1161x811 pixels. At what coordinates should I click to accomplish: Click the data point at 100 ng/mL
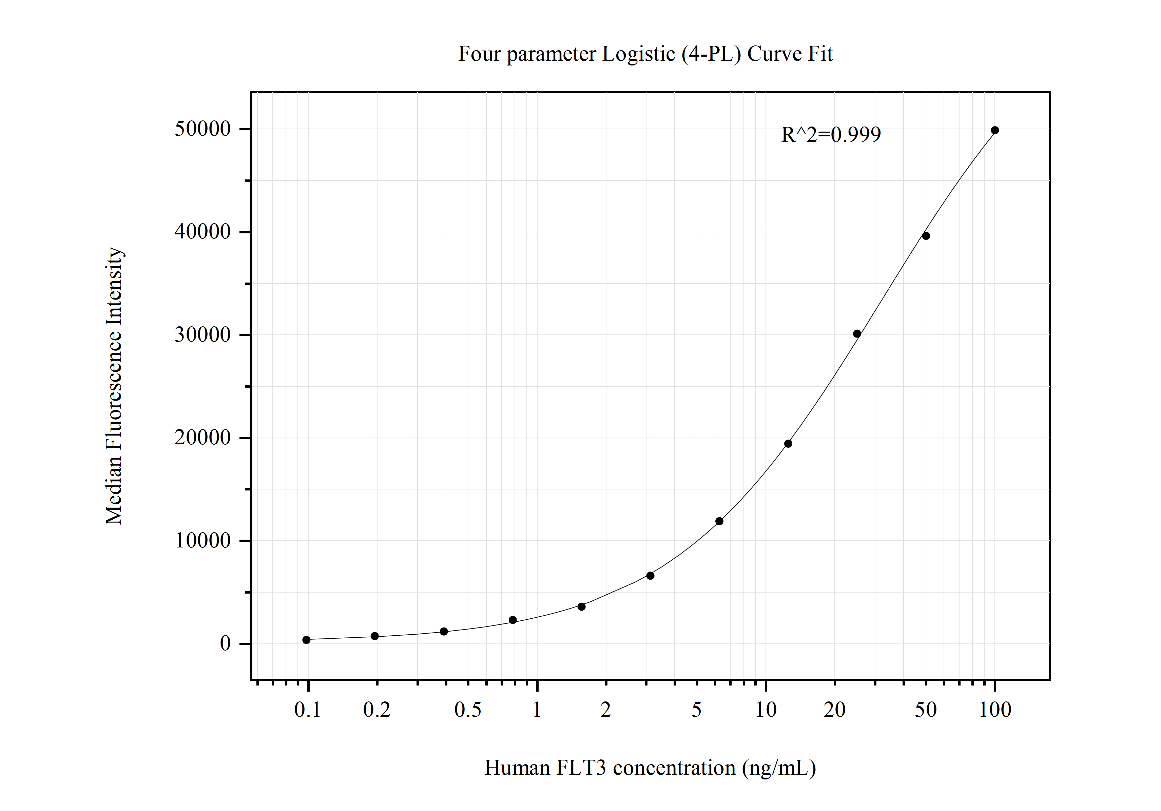[x=995, y=131]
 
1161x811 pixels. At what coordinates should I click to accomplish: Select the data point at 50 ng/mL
[x=926, y=236]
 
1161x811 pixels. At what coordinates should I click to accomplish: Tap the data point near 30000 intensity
[x=857, y=334]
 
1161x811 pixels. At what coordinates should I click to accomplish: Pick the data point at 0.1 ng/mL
[x=306, y=640]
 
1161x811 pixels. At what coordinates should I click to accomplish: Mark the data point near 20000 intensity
[x=788, y=444]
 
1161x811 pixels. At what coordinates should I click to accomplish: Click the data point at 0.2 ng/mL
[x=375, y=636]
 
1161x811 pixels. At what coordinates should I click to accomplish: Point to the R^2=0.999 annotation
[x=831, y=135]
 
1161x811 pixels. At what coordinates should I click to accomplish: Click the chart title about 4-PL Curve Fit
[x=645, y=54]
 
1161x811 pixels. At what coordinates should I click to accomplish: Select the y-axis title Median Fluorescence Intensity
[x=114, y=386]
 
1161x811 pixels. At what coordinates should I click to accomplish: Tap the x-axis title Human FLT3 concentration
[x=650, y=768]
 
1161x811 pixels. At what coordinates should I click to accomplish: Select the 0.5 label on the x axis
[x=468, y=710]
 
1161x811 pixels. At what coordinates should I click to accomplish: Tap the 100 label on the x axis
[x=995, y=710]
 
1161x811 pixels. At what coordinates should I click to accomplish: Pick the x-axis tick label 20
[x=834, y=710]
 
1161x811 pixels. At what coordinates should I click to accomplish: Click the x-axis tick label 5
[x=697, y=710]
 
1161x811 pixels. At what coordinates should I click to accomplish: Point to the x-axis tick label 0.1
[x=307, y=710]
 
